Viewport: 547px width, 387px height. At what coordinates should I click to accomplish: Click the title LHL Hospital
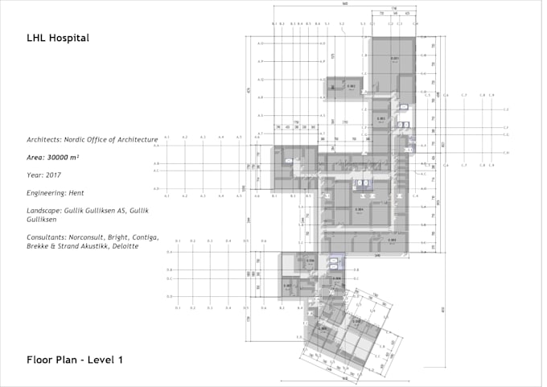(57, 38)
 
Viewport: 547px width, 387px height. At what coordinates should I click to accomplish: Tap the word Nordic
(85, 139)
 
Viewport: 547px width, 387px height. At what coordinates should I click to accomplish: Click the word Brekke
(38, 246)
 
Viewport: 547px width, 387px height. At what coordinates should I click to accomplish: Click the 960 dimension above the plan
(344, 4)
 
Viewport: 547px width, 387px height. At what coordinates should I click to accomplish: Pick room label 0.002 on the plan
(352, 86)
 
